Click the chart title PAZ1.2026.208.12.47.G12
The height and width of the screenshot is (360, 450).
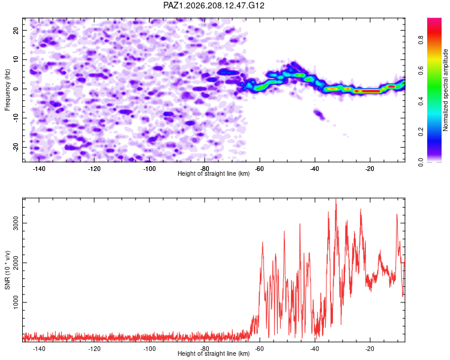tap(214, 5)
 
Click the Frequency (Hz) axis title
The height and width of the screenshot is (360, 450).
tap(7, 90)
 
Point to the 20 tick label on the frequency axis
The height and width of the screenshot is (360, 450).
tap(16, 30)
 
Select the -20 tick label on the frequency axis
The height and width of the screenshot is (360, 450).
tap(16, 146)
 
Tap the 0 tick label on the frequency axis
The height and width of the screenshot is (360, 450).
tap(16, 89)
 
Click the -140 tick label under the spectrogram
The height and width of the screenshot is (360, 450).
tap(39, 169)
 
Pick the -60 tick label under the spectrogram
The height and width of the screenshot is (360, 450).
tap(259, 169)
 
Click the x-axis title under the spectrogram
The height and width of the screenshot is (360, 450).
tap(214, 173)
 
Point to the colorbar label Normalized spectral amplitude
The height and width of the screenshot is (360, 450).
tap(445, 90)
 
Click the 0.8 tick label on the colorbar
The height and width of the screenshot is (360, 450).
tap(421, 40)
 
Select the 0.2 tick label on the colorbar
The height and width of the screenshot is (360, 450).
tap(421, 132)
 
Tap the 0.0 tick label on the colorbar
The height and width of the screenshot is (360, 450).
tap(421, 162)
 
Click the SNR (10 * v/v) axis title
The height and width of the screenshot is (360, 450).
tap(7, 270)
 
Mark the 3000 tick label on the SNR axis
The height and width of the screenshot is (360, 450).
tap(16, 223)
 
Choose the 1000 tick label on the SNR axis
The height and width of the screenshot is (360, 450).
tap(16, 302)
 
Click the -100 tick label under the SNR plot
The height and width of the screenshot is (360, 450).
tap(149, 349)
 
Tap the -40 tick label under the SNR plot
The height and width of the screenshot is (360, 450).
tap(314, 349)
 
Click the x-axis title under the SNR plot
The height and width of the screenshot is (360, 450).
tap(214, 353)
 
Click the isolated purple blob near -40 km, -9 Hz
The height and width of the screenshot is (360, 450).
tap(319, 114)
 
